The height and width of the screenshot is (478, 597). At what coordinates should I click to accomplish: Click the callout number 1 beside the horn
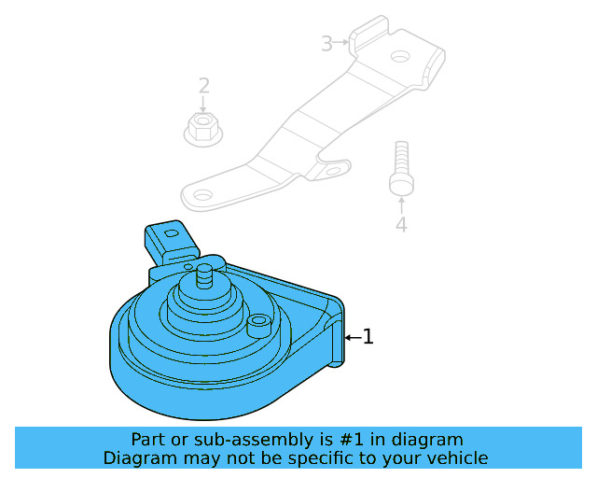[x=368, y=336]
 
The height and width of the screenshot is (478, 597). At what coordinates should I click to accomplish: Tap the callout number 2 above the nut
[x=203, y=87]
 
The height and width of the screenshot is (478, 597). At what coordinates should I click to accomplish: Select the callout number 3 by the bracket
[x=326, y=43]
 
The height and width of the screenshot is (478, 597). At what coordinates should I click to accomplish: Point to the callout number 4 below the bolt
[x=400, y=225]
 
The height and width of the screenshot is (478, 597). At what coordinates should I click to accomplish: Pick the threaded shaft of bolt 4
[x=400, y=159]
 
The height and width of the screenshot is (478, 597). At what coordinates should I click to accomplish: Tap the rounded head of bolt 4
[x=400, y=186]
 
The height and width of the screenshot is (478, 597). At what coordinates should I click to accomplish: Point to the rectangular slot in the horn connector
[x=170, y=232]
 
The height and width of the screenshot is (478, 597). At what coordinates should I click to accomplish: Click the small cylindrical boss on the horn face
[x=260, y=325]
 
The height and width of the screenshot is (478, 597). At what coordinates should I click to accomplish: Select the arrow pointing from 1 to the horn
[x=352, y=336]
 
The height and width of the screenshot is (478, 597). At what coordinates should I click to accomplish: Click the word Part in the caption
[x=149, y=440]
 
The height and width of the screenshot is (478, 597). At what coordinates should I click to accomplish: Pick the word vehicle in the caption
[x=457, y=458]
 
